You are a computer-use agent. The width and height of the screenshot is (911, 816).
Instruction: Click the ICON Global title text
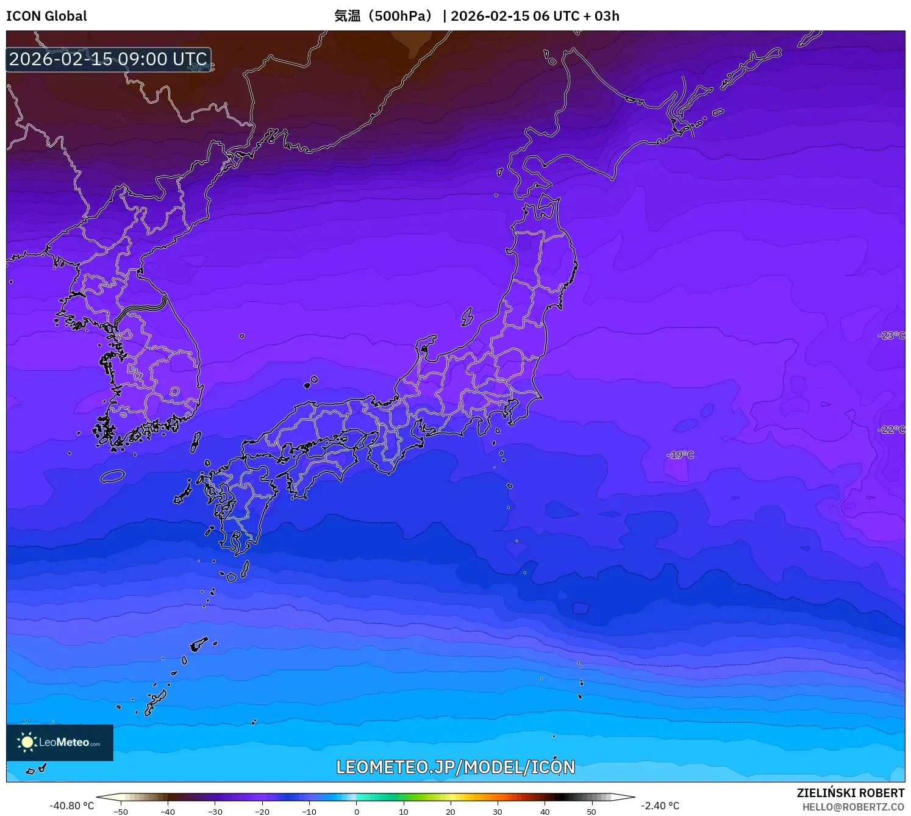[46, 16]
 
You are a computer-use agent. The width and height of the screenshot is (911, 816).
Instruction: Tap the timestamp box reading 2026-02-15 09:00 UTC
[109, 59]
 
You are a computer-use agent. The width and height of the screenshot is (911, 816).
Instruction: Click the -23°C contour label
[891, 335]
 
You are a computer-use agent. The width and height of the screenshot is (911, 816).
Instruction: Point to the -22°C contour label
[891, 429]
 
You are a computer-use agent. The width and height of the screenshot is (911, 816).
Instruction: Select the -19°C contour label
[680, 455]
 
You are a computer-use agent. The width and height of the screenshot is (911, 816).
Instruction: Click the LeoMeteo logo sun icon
[27, 742]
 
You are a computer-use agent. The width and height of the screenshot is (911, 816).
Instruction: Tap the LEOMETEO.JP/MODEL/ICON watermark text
[455, 767]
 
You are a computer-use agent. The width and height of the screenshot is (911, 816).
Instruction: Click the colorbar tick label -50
[121, 812]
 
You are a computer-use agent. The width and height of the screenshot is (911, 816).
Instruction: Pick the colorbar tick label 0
[357, 812]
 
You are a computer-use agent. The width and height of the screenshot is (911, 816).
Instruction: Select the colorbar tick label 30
[498, 812]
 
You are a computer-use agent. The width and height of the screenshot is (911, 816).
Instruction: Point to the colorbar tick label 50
[591, 812]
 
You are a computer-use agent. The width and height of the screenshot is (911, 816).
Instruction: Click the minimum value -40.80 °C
[72, 806]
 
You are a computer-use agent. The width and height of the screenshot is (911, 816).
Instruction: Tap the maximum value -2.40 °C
[660, 806]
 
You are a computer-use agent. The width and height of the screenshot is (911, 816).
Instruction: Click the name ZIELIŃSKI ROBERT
[851, 793]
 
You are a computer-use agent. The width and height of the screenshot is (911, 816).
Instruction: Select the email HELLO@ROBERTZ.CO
[853, 807]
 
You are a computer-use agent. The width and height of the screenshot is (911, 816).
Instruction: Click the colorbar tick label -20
[262, 812]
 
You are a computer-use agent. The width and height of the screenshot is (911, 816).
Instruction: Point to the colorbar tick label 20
[451, 812]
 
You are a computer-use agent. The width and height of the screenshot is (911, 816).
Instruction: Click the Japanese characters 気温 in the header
[347, 16]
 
